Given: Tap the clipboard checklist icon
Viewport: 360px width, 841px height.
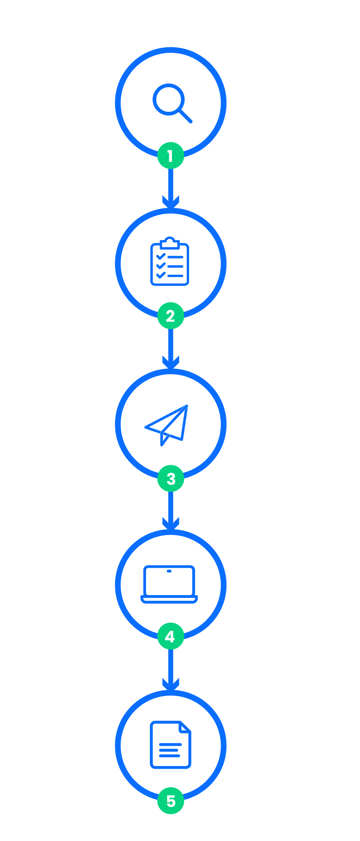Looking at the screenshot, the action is pyautogui.click(x=170, y=261).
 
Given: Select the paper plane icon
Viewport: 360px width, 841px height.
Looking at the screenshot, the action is pyautogui.click(x=167, y=425).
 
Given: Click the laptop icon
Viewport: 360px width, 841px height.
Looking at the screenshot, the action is pyautogui.click(x=169, y=584).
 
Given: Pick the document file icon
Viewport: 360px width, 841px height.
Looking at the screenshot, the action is pyautogui.click(x=171, y=745).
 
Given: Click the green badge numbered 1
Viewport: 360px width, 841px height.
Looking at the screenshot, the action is pyautogui.click(x=171, y=156).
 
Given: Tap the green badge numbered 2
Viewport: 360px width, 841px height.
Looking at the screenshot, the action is pyautogui.click(x=171, y=316).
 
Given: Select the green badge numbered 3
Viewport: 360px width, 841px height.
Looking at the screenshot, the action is pyautogui.click(x=171, y=478).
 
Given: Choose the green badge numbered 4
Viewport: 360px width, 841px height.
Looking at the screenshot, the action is pyautogui.click(x=171, y=636).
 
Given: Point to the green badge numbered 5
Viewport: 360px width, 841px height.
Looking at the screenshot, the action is pyautogui.click(x=171, y=801).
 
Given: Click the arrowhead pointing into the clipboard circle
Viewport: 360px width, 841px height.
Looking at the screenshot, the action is pyautogui.click(x=171, y=202).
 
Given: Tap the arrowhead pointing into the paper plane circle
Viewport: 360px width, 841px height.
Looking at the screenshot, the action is pyautogui.click(x=171, y=363).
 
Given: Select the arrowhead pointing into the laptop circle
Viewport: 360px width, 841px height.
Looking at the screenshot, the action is pyautogui.click(x=171, y=524).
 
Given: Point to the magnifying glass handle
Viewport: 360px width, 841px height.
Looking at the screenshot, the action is pyautogui.click(x=186, y=116).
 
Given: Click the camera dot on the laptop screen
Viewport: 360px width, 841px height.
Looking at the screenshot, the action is pyautogui.click(x=169, y=571).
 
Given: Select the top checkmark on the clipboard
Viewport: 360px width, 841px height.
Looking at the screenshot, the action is pyautogui.click(x=161, y=257).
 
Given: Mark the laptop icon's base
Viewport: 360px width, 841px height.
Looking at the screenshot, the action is pyautogui.click(x=169, y=599).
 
